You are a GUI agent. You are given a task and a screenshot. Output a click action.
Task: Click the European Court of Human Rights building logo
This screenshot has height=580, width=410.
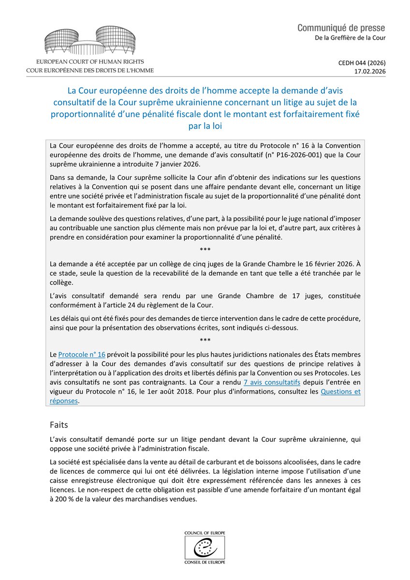coord(90,43)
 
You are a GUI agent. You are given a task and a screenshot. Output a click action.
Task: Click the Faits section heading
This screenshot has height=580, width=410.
coord(59,425)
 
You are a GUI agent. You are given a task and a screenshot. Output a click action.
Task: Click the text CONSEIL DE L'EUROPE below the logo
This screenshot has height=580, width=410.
coord(205,562)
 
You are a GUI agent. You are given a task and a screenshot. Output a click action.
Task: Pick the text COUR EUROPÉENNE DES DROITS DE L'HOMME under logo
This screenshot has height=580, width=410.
coord(90,71)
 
